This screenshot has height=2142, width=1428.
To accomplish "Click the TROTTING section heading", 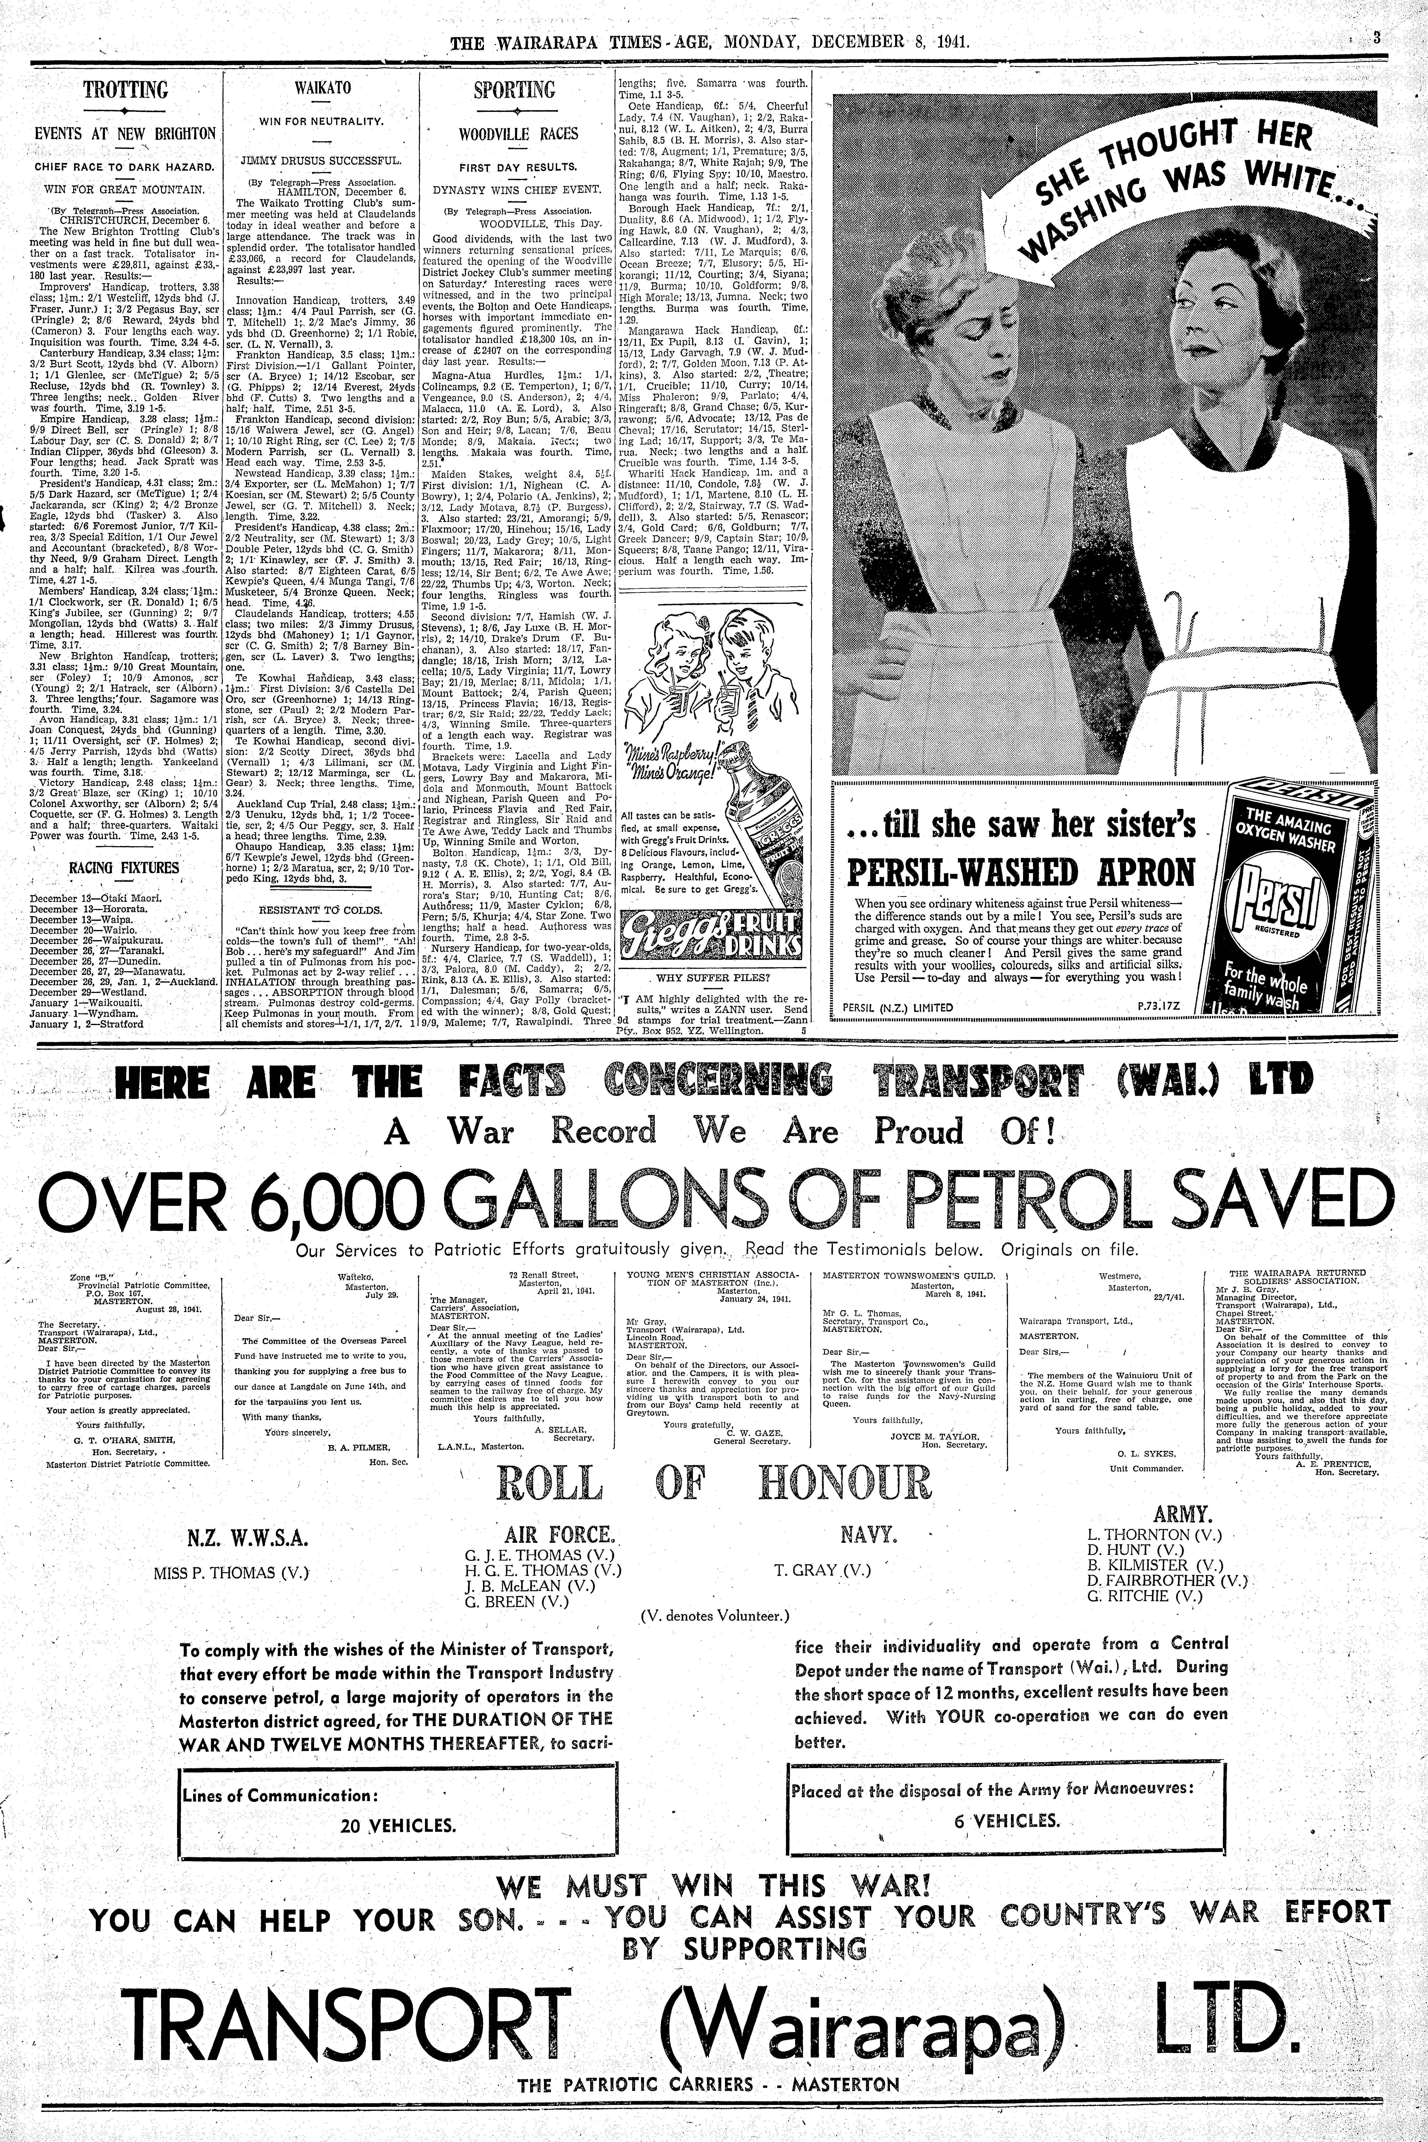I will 126,90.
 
